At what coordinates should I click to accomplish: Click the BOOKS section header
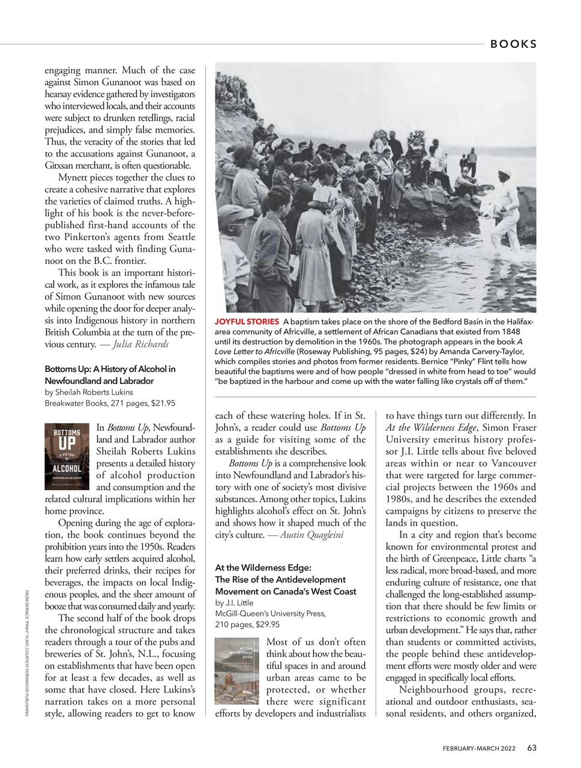tap(513, 44)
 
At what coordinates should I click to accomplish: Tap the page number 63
tap(532, 748)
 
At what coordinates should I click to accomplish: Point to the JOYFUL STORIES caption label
tap(247, 322)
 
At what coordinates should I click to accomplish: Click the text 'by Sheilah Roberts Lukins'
tap(89, 392)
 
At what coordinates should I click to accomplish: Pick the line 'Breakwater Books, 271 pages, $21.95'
tap(110, 403)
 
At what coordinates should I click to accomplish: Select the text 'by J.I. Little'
tap(234, 602)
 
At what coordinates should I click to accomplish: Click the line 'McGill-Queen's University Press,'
tap(270, 613)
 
